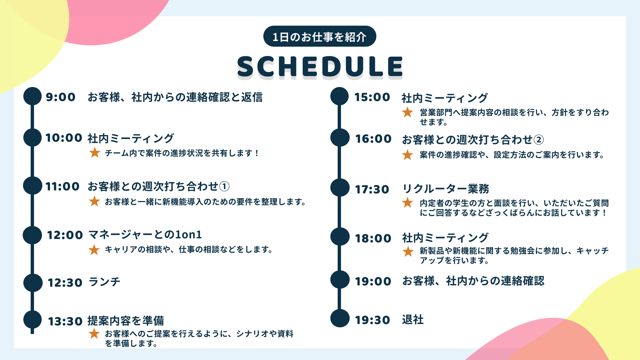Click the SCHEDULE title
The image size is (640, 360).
(320, 66)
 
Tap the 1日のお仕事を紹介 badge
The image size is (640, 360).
(320, 36)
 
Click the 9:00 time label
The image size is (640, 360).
(61, 97)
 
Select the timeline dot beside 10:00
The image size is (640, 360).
(32, 138)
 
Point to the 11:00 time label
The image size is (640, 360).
(63, 186)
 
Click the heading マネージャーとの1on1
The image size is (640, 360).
(145, 235)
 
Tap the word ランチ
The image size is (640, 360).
(104, 282)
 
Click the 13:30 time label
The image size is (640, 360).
(65, 321)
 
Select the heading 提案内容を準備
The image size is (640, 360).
(126, 321)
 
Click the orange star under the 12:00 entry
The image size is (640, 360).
(94, 250)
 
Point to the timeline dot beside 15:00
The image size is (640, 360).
(339, 96)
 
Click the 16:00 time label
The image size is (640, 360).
(373, 139)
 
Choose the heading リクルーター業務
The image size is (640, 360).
(446, 189)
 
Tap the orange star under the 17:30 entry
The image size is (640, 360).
(407, 202)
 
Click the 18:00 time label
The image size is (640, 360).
(373, 238)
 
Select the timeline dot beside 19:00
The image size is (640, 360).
(340, 279)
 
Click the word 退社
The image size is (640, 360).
(413, 320)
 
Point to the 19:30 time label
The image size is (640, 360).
(372, 320)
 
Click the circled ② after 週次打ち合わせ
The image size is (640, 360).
(539, 140)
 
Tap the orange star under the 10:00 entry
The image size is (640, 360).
(95, 153)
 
